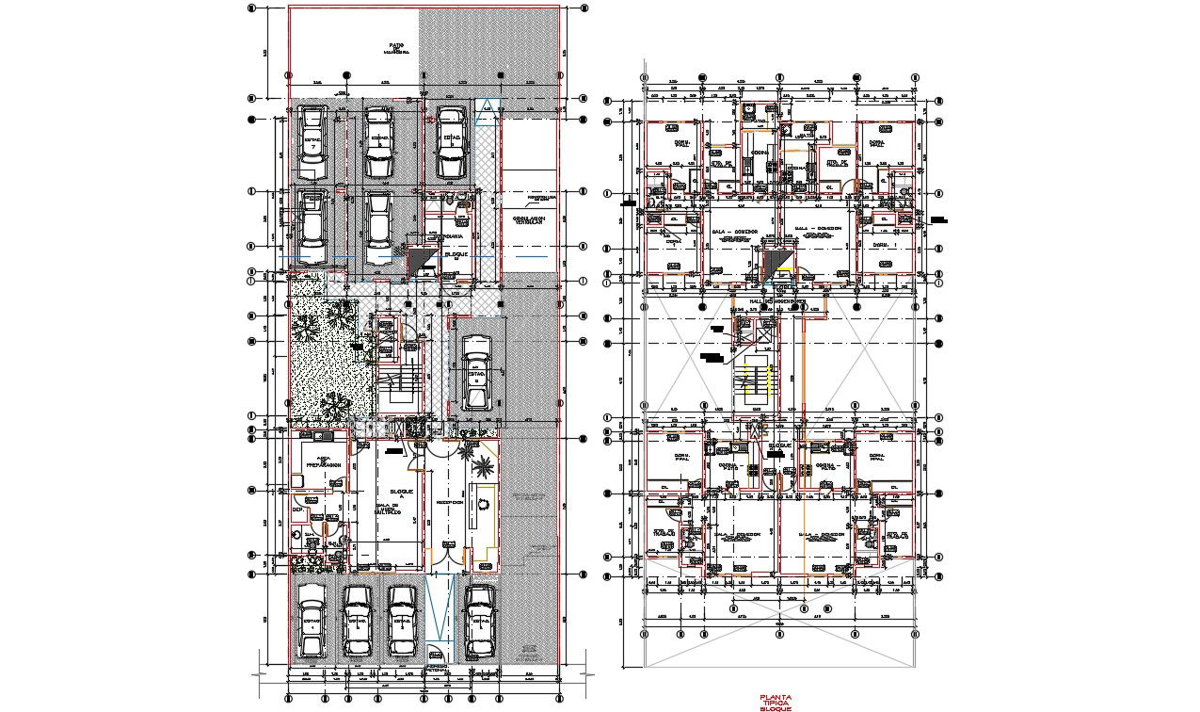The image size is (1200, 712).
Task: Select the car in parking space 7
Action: click(312, 142)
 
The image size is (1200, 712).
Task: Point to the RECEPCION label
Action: click(449, 502)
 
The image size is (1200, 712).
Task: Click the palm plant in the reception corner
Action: click(483, 464)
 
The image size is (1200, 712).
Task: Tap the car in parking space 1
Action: click(311, 622)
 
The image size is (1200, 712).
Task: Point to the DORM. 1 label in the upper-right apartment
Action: click(879, 244)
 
